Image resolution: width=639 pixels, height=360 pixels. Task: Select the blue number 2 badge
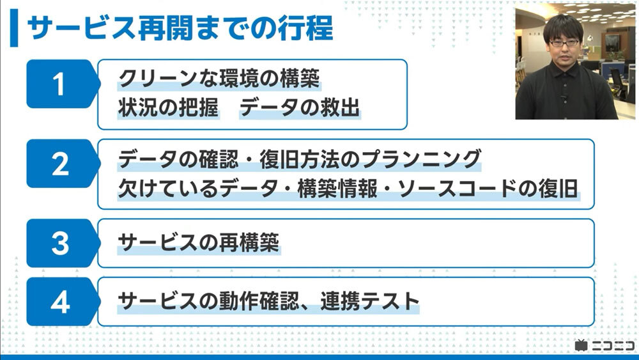coord(59,164)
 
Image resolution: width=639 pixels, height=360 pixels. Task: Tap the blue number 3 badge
coord(59,243)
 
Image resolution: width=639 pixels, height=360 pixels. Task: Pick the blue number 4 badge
coord(59,302)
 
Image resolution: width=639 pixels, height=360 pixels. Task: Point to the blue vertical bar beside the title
coord(14,27)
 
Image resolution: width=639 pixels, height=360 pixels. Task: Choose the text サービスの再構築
coord(199,243)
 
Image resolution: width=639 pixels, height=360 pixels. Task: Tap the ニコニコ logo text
coord(612,345)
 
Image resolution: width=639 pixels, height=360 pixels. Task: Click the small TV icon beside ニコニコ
coord(580,345)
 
